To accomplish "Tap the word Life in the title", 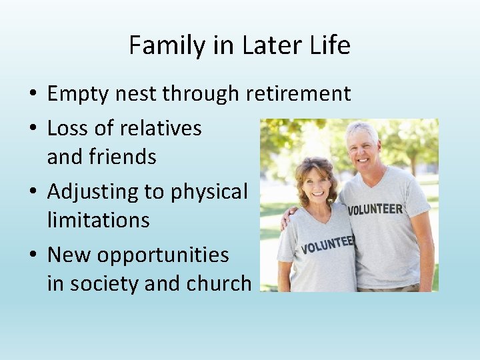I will pos(329,45).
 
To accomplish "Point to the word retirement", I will pos(299,94).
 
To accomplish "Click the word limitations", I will pos(98,220).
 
